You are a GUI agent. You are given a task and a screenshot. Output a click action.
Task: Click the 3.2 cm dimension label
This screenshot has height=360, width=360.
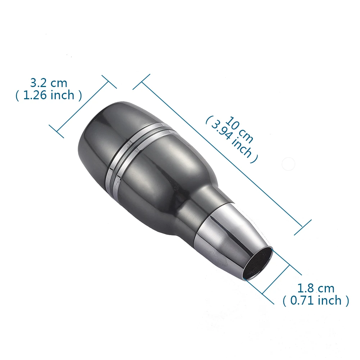point(49,83)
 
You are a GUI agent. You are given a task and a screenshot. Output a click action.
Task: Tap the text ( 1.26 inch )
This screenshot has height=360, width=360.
point(49,95)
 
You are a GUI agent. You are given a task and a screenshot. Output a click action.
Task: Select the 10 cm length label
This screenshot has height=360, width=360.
point(240,130)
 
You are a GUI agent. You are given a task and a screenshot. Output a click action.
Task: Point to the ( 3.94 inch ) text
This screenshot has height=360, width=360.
point(232,140)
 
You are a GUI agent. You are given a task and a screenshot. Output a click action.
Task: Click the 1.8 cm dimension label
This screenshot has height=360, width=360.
point(316,288)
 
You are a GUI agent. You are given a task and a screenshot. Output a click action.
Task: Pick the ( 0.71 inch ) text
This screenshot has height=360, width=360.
point(316,301)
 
